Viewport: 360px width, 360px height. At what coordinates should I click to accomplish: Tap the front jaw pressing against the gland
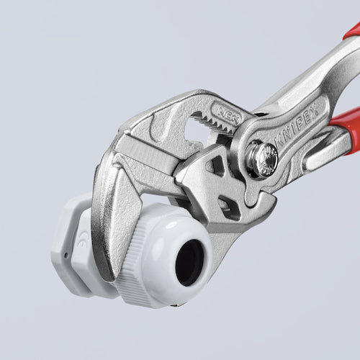(x=108, y=209)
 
